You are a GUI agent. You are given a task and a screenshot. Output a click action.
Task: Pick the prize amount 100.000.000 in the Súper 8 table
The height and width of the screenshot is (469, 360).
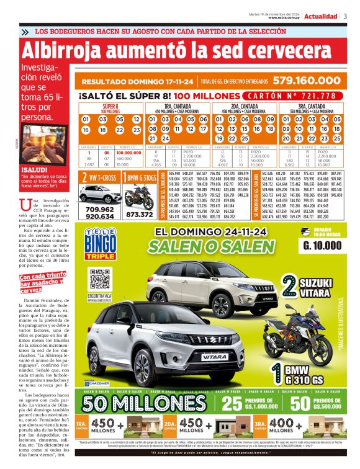point(128,153)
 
